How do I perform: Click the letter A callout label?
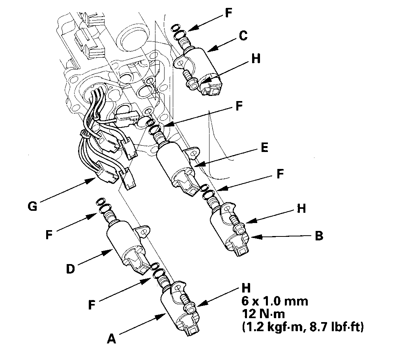pyautogui.click(x=112, y=339)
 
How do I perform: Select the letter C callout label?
pyautogui.click(x=243, y=36)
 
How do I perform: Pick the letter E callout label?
pyautogui.click(x=264, y=148)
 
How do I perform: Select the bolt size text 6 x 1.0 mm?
pyautogui.click(x=274, y=301)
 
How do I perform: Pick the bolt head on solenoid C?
pyautogui.click(x=193, y=83)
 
